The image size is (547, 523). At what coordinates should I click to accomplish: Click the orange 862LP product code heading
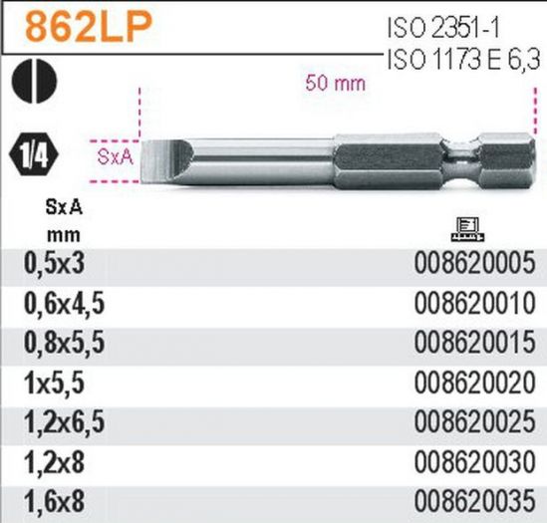coord(89,26)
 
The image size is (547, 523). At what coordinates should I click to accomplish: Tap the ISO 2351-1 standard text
coord(443,28)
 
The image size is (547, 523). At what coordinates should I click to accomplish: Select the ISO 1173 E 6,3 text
coord(463,60)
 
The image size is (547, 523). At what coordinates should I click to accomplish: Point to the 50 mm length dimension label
coord(335,84)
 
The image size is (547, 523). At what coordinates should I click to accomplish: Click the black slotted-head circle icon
coord(34,81)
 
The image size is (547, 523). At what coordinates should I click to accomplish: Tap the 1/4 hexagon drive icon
coord(34,154)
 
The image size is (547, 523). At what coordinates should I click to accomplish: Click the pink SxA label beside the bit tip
coord(116,157)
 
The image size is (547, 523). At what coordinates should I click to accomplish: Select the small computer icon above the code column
coord(466,229)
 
